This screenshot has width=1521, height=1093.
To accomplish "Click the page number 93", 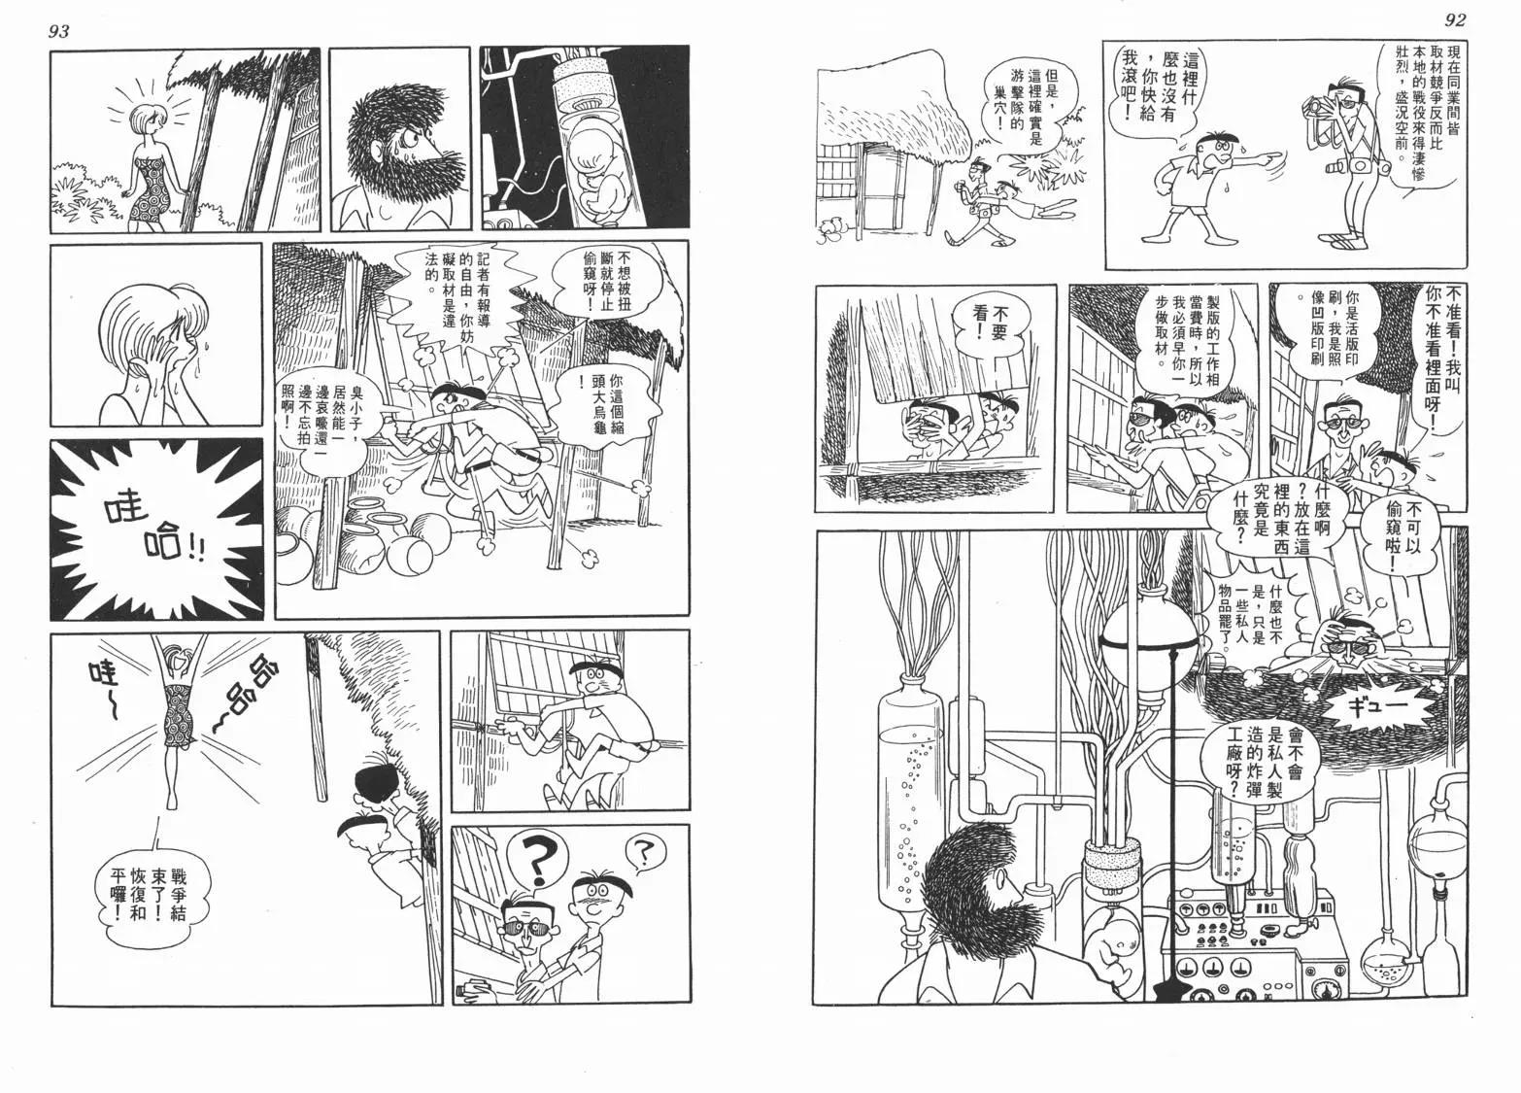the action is tap(60, 32).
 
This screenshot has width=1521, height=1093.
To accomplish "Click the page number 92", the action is tap(1455, 20).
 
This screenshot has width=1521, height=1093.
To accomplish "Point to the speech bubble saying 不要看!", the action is tap(993, 324).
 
